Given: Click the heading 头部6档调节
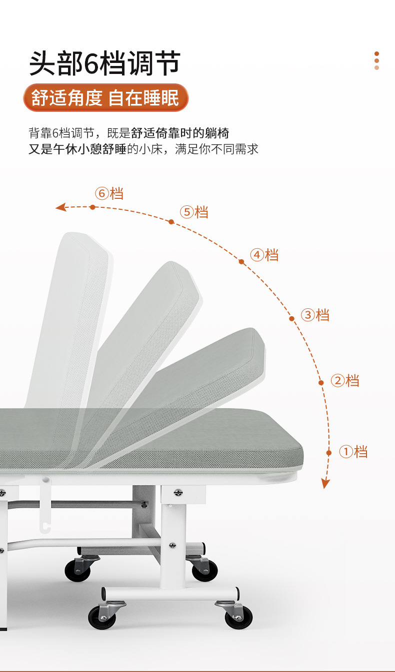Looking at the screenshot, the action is coord(104,63).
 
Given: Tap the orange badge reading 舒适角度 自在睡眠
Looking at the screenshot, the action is coord(105,98).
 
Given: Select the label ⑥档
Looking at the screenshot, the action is coord(109,193).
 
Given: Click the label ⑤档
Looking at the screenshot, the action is coord(194,212).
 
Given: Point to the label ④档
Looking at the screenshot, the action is coord(264,255).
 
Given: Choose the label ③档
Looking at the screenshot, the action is coord(315,315).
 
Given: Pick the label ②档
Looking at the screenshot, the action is coord(345,381).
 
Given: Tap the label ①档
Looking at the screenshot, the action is coord(353,452).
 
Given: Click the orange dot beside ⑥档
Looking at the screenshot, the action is coord(92,207).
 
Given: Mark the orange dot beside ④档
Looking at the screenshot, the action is coord(241,262).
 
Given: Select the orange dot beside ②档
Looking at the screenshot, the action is coord(321,383).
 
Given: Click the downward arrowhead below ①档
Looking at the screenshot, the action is coord(325,483).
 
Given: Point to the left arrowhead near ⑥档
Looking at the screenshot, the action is coord(61,207).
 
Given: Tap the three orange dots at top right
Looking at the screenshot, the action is coord(376,60).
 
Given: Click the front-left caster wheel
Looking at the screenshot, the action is coord(102,617).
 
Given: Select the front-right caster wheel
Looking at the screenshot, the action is coord(238,617).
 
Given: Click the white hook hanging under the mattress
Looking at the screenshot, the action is coord(45,505).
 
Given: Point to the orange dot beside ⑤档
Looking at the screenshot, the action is coord(171,221).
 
